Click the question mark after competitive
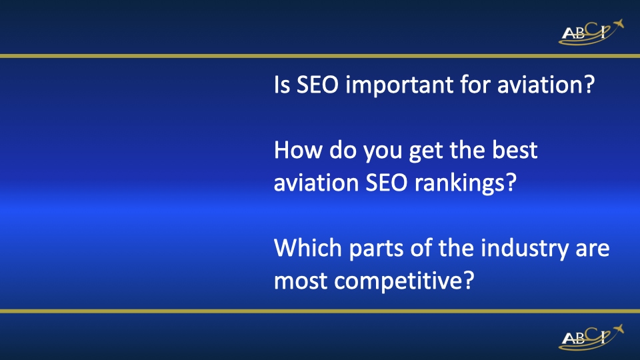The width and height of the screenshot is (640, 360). point(467,280)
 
